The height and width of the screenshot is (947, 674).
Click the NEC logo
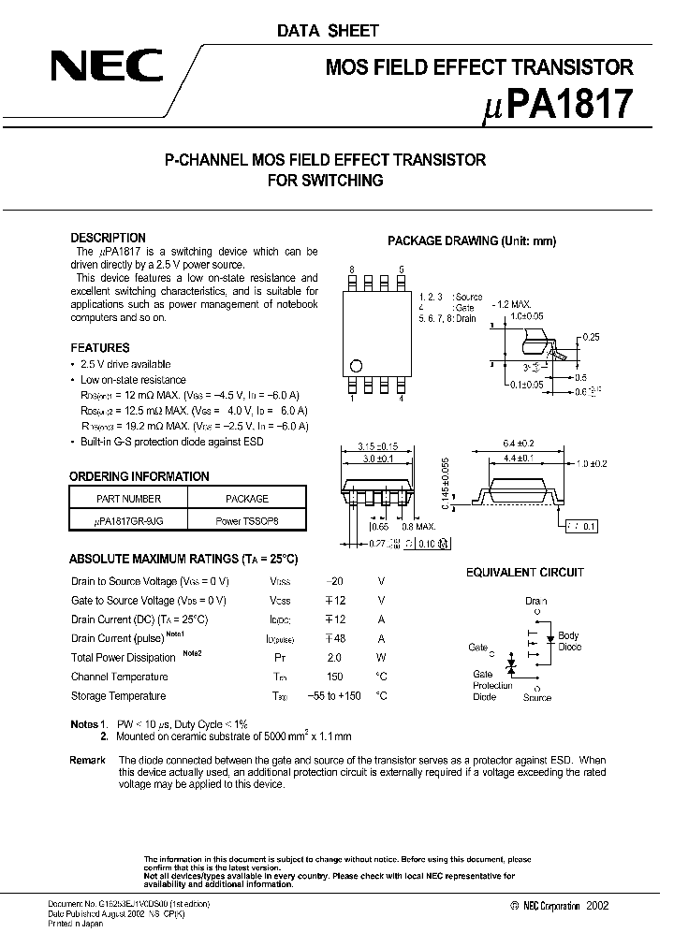click(x=106, y=67)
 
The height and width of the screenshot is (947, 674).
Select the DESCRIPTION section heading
click(x=109, y=238)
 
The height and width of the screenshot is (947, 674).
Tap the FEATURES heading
click(x=100, y=347)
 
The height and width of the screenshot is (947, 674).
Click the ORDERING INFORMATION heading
click(x=139, y=476)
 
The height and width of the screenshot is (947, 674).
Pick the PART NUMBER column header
click(x=129, y=499)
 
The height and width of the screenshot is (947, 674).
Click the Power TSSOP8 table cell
click(x=247, y=520)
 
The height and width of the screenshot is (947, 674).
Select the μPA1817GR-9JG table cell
click(x=129, y=520)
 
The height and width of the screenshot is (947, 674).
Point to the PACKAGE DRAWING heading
click(x=472, y=240)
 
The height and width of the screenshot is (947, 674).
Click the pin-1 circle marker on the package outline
click(x=356, y=366)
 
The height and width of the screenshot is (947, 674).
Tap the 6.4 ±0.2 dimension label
click(x=519, y=444)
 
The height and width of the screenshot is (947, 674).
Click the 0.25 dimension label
click(x=591, y=337)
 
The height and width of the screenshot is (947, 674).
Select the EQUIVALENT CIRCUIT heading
click(x=525, y=572)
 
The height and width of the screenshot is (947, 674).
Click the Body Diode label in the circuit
click(x=569, y=642)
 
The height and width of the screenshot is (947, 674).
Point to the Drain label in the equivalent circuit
click(x=536, y=602)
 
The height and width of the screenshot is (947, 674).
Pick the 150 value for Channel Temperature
click(x=332, y=677)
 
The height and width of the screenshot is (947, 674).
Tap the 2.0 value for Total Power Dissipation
click(x=333, y=658)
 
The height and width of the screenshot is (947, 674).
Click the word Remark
click(x=87, y=760)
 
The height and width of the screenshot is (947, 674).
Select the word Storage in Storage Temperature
click(x=90, y=696)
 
